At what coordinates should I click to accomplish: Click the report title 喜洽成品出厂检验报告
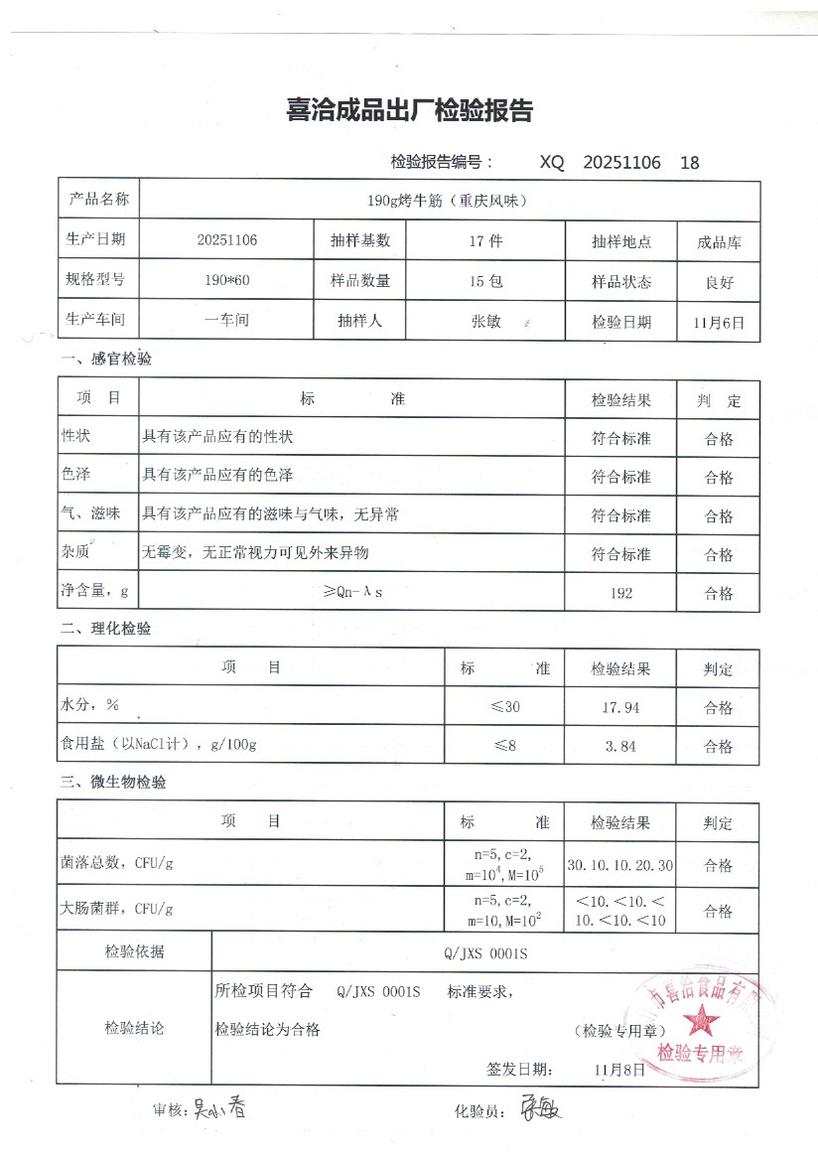coord(409,111)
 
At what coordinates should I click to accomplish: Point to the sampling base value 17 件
coord(485,241)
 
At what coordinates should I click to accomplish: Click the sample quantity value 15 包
coord(485,281)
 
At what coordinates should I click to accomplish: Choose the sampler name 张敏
coord(485,321)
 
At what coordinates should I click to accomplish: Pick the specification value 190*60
coord(227,281)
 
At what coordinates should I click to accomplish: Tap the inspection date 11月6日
coord(719,322)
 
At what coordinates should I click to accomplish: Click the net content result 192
coord(620,594)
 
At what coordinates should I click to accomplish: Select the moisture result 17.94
coord(620,708)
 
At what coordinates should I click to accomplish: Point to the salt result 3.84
coord(620,746)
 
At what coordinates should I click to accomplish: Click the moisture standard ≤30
coord(504,708)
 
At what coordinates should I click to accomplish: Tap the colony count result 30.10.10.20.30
coord(620,866)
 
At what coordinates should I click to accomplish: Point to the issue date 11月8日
coord(619,1070)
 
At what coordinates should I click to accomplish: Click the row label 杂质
coord(76,552)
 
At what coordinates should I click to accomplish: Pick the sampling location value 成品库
coord(719,241)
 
